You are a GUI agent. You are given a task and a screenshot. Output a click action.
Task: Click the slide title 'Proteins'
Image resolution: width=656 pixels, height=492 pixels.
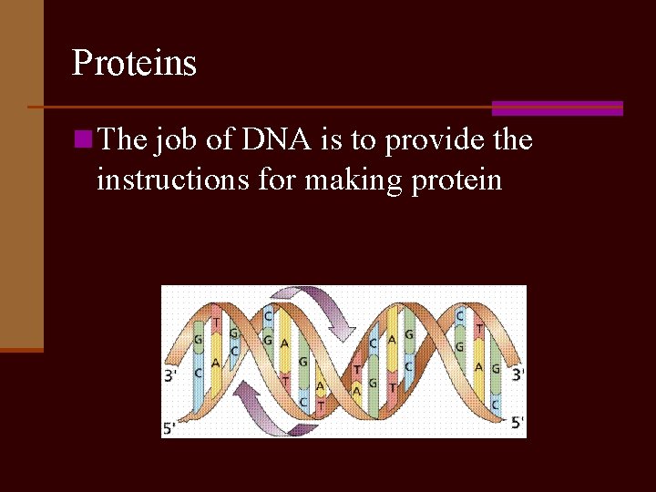click(x=134, y=64)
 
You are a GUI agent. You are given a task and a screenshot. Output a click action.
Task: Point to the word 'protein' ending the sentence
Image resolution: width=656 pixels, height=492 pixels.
click(x=456, y=180)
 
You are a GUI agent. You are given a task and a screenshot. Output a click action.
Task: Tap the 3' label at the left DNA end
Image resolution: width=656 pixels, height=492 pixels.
click(x=170, y=374)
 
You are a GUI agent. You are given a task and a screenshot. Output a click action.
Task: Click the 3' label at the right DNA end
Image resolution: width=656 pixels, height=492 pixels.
click(x=518, y=374)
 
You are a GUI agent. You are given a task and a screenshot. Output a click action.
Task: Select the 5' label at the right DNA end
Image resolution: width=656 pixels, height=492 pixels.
click(x=517, y=422)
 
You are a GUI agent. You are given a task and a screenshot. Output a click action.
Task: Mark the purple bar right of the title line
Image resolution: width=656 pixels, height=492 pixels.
click(x=557, y=108)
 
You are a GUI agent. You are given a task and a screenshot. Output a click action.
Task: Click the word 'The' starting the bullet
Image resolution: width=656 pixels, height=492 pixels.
click(x=122, y=140)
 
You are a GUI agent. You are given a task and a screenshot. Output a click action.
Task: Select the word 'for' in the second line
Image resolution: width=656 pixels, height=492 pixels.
click(x=277, y=179)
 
